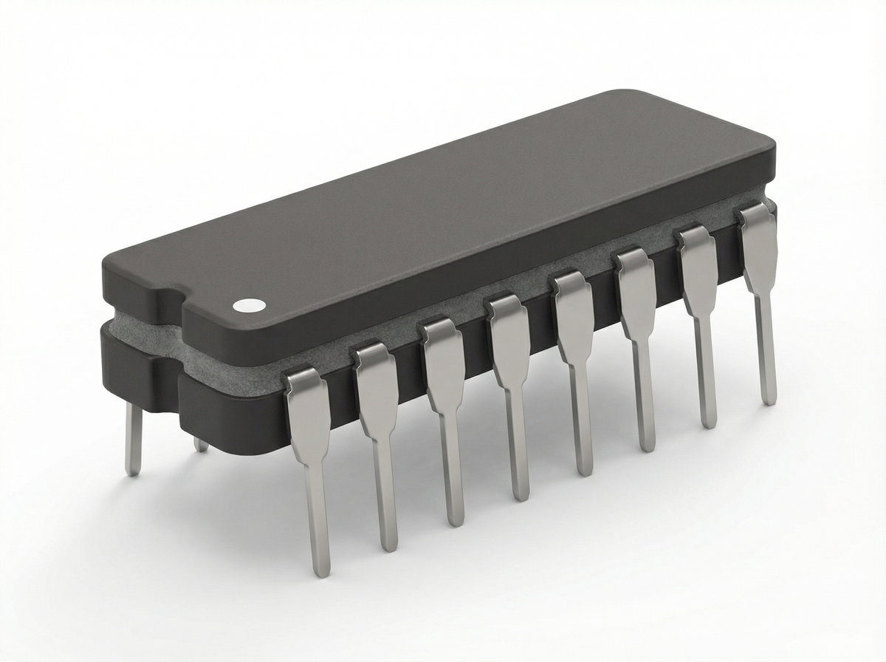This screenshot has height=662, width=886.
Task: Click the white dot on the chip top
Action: (249, 304)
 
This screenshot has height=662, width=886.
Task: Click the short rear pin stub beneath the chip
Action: (200, 445)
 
